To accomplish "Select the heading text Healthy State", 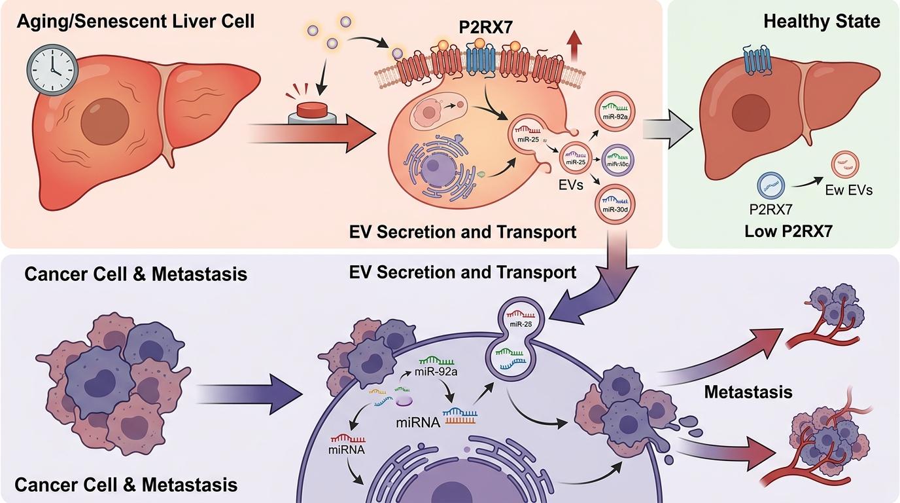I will (x=821, y=21).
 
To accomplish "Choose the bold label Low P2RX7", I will (x=788, y=231).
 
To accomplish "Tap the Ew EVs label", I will (x=850, y=190).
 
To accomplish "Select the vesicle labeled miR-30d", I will (x=613, y=206).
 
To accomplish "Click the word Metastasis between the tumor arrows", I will (x=748, y=392).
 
